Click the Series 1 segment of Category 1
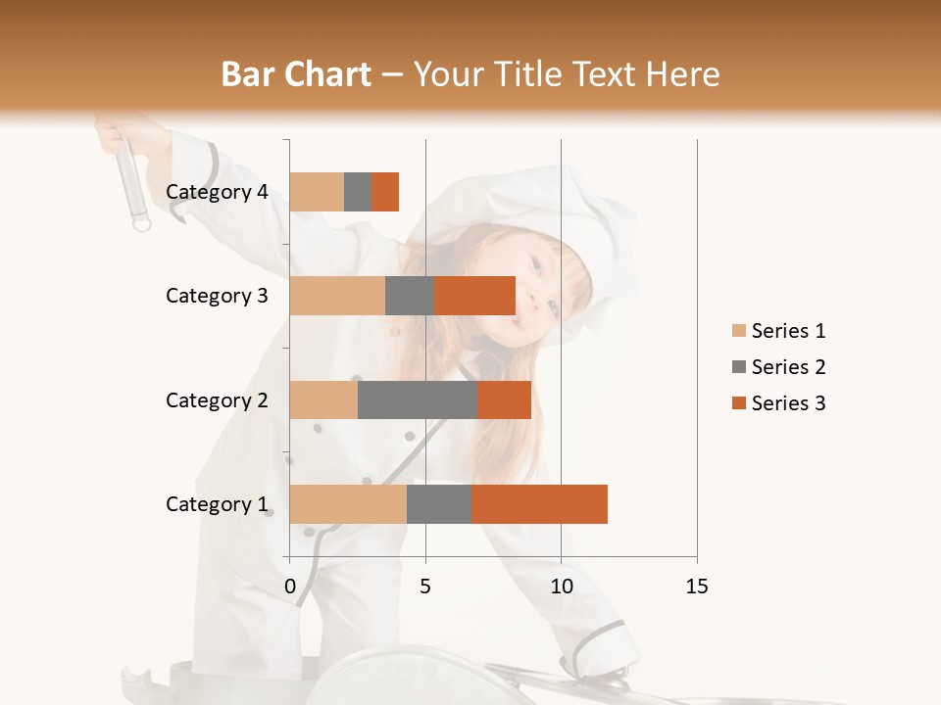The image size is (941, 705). [347, 504]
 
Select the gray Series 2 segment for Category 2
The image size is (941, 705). [417, 399]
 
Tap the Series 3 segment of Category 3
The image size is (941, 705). [474, 296]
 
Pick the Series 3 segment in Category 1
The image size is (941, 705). [539, 504]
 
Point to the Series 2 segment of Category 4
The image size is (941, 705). [358, 192]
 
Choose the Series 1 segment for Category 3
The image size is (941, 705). [336, 296]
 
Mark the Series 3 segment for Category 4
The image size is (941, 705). [385, 192]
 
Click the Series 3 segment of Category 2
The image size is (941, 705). [504, 399]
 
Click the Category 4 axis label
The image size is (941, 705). [217, 192]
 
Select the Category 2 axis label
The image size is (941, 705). [217, 399]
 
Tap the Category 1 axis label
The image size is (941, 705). [217, 504]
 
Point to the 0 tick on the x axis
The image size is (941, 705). [290, 587]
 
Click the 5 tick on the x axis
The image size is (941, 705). [425, 587]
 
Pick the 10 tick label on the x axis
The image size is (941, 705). [561, 587]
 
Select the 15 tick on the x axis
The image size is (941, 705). [697, 587]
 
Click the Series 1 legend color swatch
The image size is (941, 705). [738, 331]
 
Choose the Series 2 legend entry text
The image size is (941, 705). [788, 367]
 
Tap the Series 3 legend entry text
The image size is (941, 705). [788, 403]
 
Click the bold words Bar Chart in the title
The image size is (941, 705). [296, 74]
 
